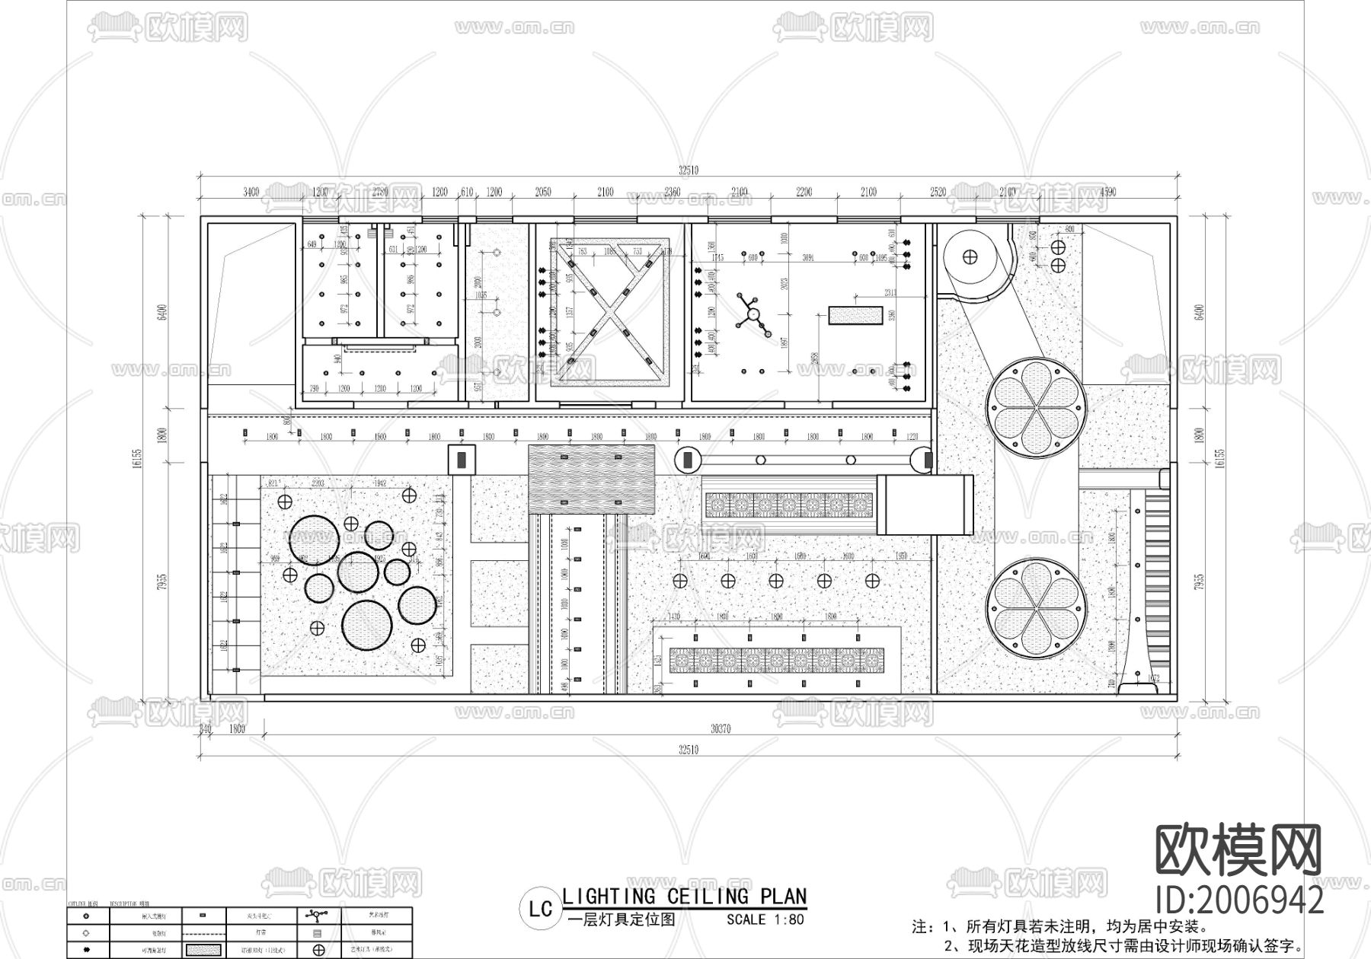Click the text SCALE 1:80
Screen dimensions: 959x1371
click(765, 919)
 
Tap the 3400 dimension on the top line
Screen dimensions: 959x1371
click(251, 193)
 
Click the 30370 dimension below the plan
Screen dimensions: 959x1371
click(720, 729)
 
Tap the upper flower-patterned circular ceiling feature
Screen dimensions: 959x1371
click(1037, 408)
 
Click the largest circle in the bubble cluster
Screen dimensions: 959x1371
click(367, 625)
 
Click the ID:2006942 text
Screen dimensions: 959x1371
click(1239, 901)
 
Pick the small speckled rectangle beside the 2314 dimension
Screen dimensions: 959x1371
click(855, 315)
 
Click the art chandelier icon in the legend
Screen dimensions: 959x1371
click(318, 915)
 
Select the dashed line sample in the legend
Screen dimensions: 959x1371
click(202, 932)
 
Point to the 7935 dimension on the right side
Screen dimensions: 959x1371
click(1200, 582)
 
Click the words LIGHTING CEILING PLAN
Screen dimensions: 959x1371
click(684, 897)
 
